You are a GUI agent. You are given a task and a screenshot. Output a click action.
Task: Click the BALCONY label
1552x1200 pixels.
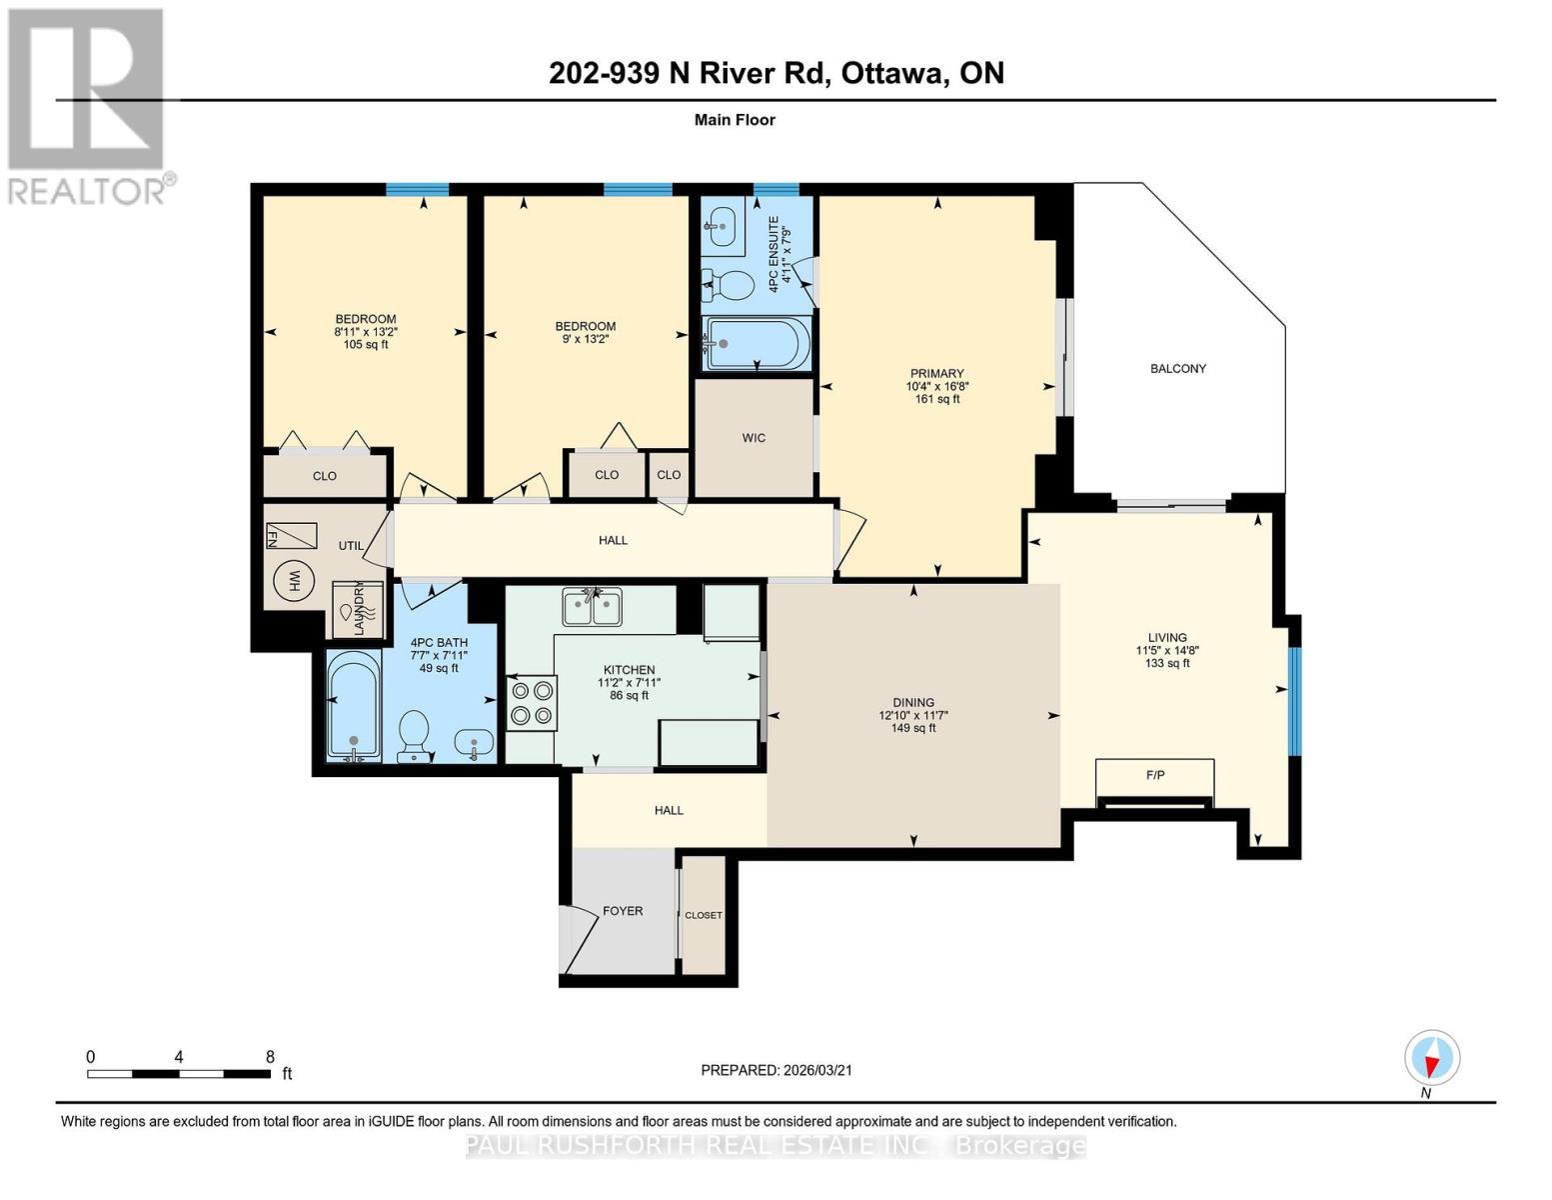[x=1177, y=369]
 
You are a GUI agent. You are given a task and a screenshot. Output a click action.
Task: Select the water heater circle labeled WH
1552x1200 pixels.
[x=294, y=581]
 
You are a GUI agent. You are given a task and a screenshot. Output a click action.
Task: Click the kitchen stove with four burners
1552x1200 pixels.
[x=532, y=702]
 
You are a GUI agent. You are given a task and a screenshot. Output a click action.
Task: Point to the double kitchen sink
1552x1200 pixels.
[x=592, y=606]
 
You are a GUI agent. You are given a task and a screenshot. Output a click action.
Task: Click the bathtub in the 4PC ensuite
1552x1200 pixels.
[x=757, y=344]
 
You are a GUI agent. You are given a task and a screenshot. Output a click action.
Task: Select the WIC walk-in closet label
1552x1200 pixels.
[x=754, y=438]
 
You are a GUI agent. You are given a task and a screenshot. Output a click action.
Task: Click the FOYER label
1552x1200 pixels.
[x=623, y=911]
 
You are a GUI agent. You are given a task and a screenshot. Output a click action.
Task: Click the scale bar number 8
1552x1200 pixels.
[x=270, y=1057]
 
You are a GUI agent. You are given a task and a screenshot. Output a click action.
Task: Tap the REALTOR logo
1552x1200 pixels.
[x=88, y=105]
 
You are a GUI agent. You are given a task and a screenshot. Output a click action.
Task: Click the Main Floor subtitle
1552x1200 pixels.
[x=735, y=120]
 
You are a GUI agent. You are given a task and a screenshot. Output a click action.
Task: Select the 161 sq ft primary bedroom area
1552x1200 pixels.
[x=936, y=399]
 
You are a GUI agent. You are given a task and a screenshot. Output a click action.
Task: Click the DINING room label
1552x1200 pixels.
[x=912, y=703]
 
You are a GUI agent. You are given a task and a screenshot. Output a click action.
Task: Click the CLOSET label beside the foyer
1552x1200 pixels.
[x=704, y=915]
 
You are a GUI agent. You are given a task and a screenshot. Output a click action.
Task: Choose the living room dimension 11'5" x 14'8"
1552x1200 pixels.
[x=1166, y=650]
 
